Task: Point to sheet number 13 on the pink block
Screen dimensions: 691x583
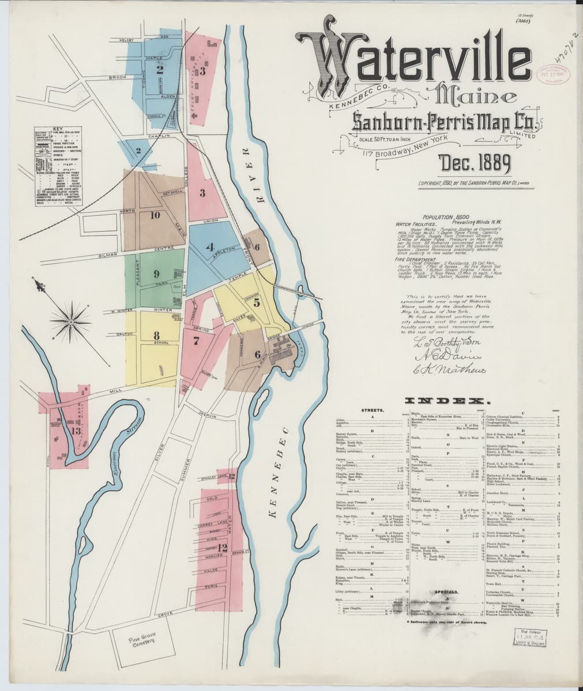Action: point(76,430)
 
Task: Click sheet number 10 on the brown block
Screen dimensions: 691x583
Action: point(155,215)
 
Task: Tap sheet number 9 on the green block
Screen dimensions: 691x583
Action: point(156,274)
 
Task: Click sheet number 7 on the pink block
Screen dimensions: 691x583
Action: point(197,340)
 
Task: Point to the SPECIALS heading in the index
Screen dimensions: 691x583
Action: point(446,591)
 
